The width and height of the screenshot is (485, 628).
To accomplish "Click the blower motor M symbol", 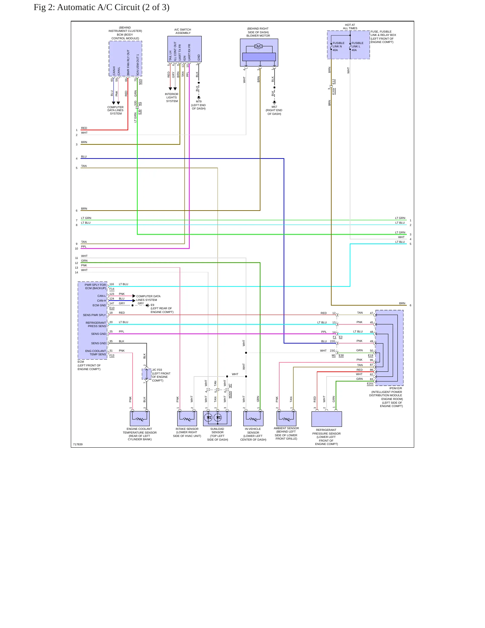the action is coord(258,46).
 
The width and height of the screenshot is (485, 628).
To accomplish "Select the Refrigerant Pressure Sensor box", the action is coord(327,419).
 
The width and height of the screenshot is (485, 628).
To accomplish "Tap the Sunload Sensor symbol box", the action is coord(217,418).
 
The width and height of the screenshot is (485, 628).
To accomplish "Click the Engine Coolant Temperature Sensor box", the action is coord(140,418).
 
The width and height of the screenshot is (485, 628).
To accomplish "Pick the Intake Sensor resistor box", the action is coord(187,418).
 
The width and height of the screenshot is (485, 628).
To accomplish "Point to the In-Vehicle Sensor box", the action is coord(253,418).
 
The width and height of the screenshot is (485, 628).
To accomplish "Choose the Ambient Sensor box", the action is coord(286,418).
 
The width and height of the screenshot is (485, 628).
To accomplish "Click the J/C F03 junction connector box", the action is coord(147,374).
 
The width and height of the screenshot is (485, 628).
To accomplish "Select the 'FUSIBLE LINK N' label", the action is coord(338,45).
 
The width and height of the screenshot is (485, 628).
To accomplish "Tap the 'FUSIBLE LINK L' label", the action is coord(357,45).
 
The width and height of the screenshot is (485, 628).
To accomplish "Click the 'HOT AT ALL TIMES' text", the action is coord(350,27).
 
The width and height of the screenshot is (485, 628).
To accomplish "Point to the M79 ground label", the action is coord(199,101).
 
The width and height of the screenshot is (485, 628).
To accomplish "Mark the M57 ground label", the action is coord(274,107).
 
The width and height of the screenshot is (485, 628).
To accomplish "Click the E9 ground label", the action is coord(152,305).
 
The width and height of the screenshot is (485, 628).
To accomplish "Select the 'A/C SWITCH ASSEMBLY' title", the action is coord(183,31).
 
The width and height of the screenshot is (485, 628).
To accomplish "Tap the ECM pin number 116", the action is coord(112,284).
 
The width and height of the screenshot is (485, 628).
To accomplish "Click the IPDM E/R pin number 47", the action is coord(372,313).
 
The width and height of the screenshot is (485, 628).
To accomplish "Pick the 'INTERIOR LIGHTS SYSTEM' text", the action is coord(172,97).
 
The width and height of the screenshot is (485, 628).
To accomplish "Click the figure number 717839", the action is coord(78,444).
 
